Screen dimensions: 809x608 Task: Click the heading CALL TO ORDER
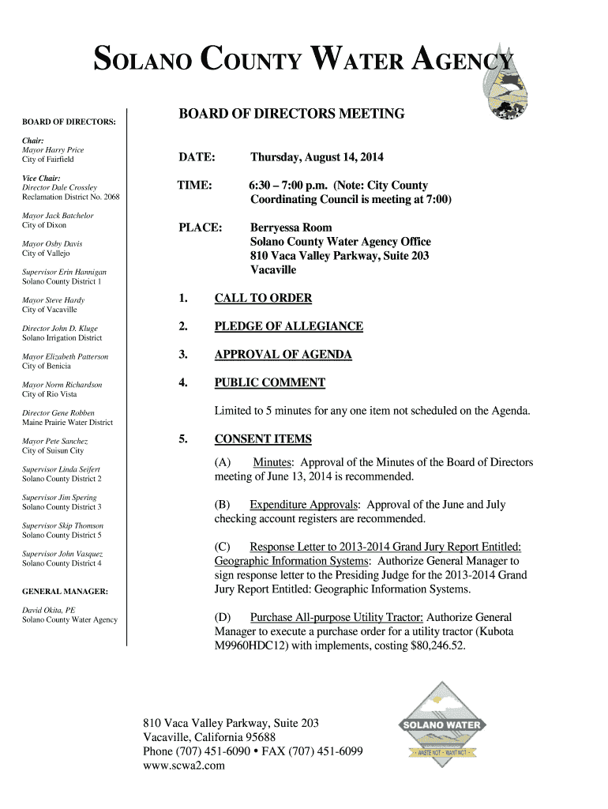click(263, 298)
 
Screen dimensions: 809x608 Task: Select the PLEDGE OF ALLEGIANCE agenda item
click(288, 326)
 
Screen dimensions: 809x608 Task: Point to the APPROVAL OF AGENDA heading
click(283, 355)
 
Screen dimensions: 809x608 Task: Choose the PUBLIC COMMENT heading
click(269, 383)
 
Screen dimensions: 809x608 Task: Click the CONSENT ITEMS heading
click(263, 439)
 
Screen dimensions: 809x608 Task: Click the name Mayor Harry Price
click(53, 150)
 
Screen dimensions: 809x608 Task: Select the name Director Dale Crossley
click(59, 187)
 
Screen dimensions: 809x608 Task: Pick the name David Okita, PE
click(49, 610)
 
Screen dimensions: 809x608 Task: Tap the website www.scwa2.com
click(184, 766)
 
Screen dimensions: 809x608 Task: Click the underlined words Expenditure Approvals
click(305, 505)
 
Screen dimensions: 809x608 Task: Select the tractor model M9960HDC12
click(252, 646)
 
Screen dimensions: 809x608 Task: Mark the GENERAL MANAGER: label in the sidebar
click(65, 591)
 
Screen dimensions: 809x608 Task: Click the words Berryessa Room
click(291, 228)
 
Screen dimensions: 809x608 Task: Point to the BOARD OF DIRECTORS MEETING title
click(291, 114)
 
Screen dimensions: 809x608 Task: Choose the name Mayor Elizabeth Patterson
click(66, 356)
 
